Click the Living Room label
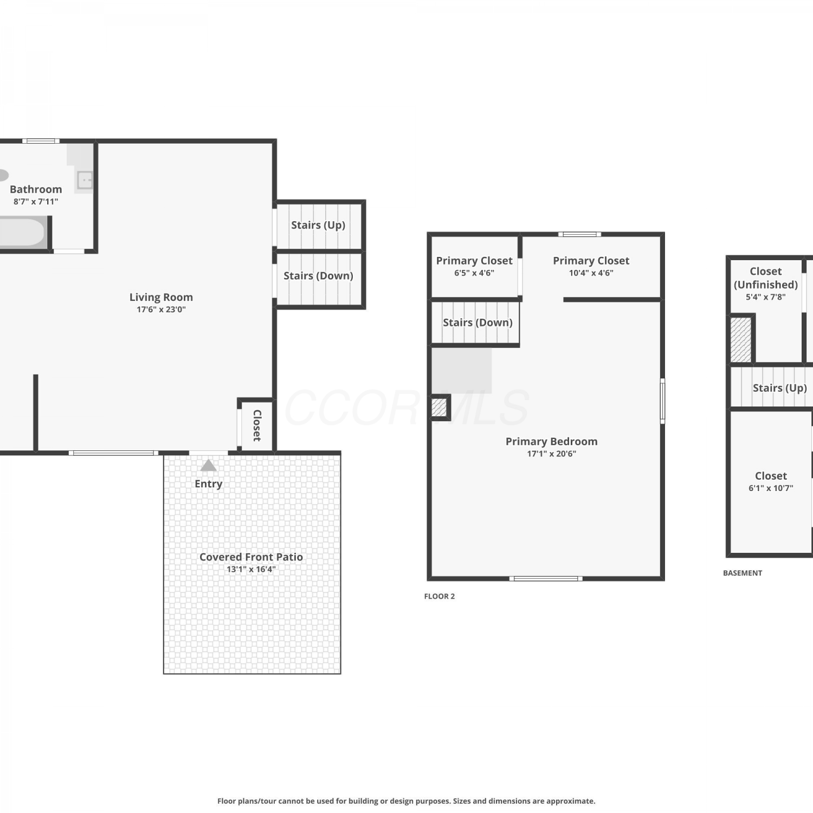coord(161,297)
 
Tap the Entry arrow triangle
coord(209,466)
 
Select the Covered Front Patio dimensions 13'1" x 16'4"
coord(251,569)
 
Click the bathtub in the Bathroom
coord(23,233)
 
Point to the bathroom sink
coord(85,179)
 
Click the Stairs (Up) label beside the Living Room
coord(318,225)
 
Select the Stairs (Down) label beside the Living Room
coord(318,276)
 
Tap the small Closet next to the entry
coord(257,425)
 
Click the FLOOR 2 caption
coord(440,596)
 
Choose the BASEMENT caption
coord(743,573)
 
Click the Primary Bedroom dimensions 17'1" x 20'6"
coord(552,454)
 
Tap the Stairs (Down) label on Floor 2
coord(478,322)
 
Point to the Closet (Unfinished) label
coord(766,278)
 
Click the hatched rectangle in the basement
coord(741,340)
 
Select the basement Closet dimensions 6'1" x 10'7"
coord(771,488)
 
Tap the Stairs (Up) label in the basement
coord(780,388)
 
